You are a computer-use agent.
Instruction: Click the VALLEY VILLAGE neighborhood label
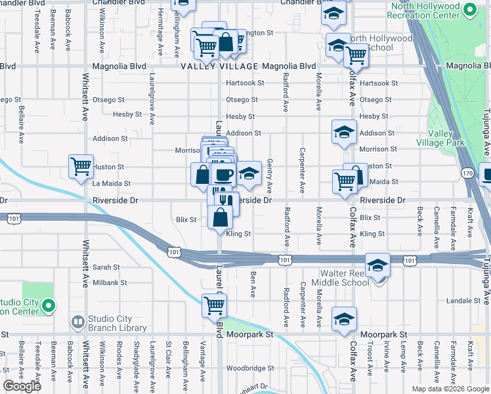pos(219,66)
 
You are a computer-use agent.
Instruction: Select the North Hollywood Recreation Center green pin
pos(470,10)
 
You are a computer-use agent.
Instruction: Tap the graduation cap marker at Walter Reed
pos(377,265)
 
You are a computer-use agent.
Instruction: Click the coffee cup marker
pos(223,175)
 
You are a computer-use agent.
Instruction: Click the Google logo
pos(22,386)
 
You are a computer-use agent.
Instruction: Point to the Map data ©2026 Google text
pos(450,389)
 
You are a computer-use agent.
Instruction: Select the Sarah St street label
pos(106,267)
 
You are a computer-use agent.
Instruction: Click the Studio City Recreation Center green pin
pos(48,305)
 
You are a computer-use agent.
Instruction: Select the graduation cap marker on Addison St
pos(344,132)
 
